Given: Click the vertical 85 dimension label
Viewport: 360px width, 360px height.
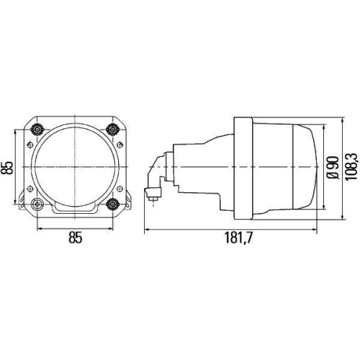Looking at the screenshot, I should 8,167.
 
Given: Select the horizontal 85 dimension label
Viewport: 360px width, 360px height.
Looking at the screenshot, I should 76,237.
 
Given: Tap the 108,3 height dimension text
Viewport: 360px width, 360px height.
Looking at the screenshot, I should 351,167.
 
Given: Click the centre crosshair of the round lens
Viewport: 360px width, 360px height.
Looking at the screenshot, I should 76,167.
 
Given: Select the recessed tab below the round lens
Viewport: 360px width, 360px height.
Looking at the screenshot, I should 76,210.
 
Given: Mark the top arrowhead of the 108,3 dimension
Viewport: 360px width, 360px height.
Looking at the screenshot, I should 342,120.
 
